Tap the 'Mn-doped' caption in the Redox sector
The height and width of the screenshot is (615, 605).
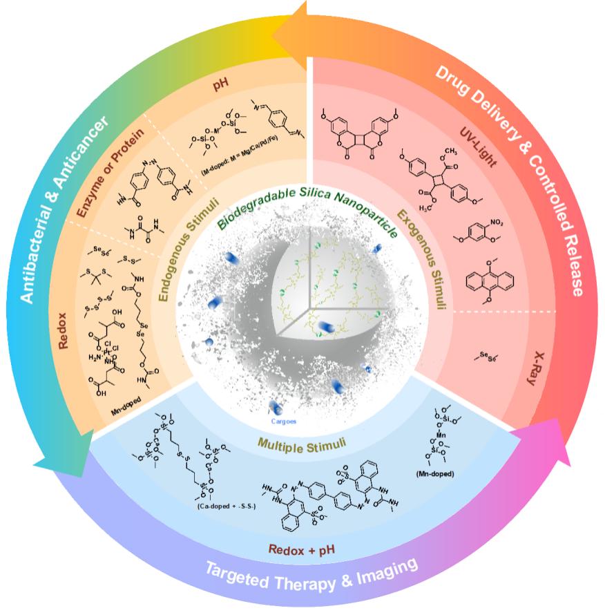[127, 417]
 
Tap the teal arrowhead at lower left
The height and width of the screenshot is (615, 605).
[59, 456]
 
